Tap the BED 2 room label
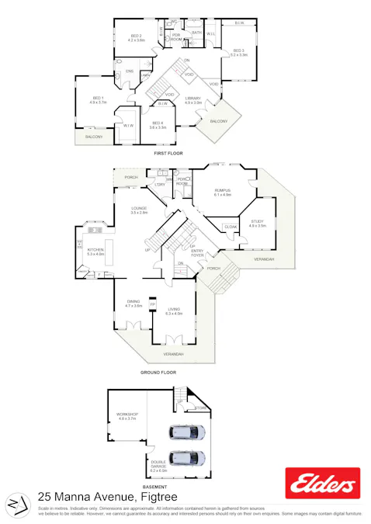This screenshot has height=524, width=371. click(137, 36)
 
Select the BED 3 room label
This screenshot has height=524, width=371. click(238, 52)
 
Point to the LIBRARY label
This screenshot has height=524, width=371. click(193, 99)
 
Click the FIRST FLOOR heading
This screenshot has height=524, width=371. click(168, 154)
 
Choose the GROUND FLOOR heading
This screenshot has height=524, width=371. click(158, 373)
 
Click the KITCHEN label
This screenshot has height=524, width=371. click(95, 250)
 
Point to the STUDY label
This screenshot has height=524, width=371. click(258, 222)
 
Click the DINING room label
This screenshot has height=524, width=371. click(134, 304)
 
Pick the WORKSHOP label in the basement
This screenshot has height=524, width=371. click(127, 416)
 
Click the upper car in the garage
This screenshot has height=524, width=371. click(188, 432)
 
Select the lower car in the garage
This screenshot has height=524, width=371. click(188, 457)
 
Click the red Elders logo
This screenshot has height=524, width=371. click(322, 484)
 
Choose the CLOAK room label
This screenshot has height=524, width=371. click(231, 227)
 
